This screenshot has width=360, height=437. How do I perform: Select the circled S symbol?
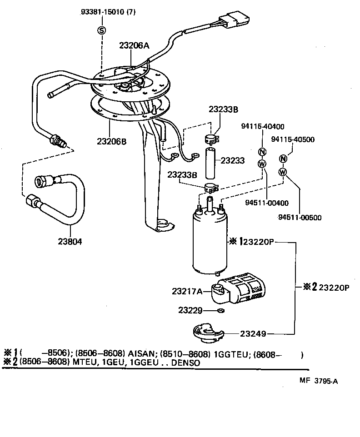pyautogui.click(x=101, y=30)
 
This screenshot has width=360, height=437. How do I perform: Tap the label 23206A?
pyautogui.click(x=135, y=45)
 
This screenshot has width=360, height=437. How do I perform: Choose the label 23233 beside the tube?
pyautogui.click(x=233, y=160)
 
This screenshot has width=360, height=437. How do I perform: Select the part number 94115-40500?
pyautogui.click(x=293, y=139)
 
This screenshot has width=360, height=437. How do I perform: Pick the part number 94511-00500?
pyautogui.click(x=300, y=217)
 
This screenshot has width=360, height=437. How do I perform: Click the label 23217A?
pyautogui.click(x=187, y=291)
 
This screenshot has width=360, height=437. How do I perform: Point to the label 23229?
pyautogui.click(x=190, y=310)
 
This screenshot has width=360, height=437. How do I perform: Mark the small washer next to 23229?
pyautogui.click(x=220, y=311)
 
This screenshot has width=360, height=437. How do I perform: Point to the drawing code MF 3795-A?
pyautogui.click(x=318, y=382)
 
